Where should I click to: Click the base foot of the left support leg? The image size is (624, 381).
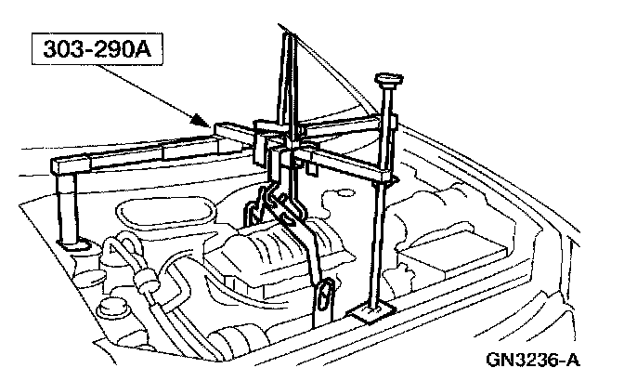71,243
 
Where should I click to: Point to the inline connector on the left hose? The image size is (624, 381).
144,279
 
